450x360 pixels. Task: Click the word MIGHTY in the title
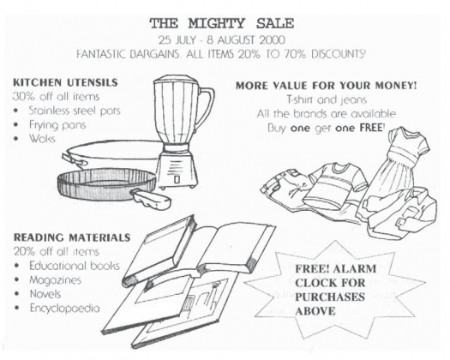point(217,23)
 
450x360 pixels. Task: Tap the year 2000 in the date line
point(272,40)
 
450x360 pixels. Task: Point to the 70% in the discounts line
point(296,54)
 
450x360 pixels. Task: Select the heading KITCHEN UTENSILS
point(65,82)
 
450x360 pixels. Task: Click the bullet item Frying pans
point(57,125)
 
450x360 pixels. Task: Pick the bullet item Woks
point(42,139)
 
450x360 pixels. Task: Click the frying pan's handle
point(151,199)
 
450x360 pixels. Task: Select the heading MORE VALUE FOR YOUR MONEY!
point(326,86)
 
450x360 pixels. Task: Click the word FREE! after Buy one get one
point(371,128)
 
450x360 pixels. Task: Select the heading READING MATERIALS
point(72,237)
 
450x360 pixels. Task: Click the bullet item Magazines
point(56,280)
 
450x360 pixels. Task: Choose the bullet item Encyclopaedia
point(65,309)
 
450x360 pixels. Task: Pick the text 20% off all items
point(57,252)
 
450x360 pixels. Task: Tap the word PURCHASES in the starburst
point(330,297)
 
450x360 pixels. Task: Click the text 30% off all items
point(57,97)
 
